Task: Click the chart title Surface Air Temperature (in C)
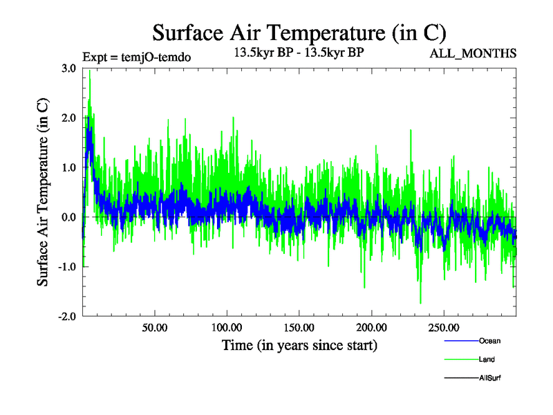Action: point(299,33)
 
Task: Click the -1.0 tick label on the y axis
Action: point(66,267)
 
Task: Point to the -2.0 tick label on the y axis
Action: point(66,316)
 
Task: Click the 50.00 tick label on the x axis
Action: point(154,327)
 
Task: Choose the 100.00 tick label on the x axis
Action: point(227,327)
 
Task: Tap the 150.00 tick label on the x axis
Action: point(299,327)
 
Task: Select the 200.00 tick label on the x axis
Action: point(371,327)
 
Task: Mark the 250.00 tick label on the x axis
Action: point(443,327)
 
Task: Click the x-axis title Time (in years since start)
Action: point(299,344)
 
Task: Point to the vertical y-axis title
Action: point(43,192)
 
